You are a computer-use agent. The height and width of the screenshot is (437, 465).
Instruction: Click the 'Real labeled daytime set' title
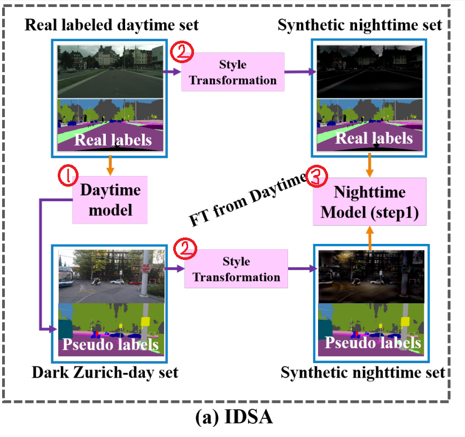[111, 25]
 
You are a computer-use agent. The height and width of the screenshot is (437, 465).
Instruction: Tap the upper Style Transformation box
[233, 72]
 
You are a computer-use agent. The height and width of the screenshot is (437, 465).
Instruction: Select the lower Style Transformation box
[236, 270]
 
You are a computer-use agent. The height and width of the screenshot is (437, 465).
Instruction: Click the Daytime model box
[110, 200]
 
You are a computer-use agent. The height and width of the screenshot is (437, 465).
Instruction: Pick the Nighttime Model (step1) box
[369, 202]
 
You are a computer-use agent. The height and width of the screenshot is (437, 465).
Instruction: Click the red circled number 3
[315, 178]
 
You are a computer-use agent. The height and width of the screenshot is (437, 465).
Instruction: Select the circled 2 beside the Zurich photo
[185, 248]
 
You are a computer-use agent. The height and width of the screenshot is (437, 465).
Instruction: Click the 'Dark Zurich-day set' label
[104, 372]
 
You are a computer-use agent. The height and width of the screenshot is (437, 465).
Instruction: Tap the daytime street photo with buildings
[110, 71]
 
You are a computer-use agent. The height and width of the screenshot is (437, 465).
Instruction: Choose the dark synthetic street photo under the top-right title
[370, 71]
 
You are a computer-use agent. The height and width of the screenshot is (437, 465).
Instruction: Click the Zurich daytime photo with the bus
[111, 276]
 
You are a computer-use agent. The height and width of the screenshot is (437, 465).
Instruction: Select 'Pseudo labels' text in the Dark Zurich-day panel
[111, 343]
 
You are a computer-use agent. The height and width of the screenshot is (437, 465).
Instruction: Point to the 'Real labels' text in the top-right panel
[374, 138]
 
